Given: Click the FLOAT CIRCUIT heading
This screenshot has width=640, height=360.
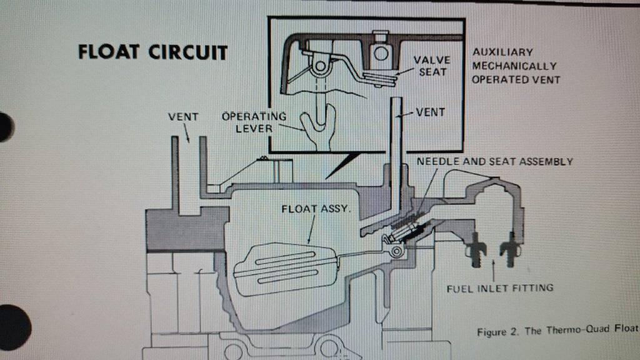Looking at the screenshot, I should point(152,52).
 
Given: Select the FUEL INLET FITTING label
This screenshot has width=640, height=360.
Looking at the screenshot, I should point(500,288).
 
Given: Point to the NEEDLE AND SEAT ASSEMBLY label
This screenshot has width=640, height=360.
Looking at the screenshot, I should point(494,162).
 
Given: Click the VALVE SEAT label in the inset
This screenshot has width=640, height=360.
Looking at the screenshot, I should point(432,66).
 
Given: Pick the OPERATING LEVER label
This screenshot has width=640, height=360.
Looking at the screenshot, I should point(254,122).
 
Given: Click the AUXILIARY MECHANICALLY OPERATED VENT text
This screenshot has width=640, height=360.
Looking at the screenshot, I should point(516,66).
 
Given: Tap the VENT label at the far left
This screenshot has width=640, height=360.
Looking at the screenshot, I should point(183,116).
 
